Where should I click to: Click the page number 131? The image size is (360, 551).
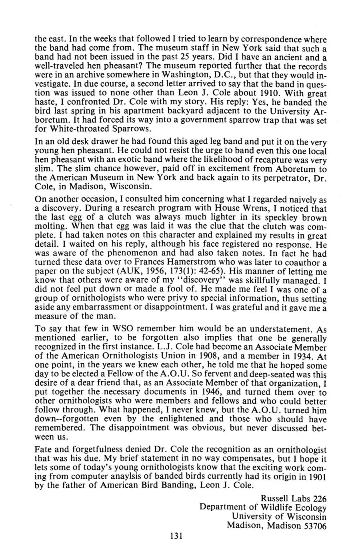[x=176, y=536]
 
